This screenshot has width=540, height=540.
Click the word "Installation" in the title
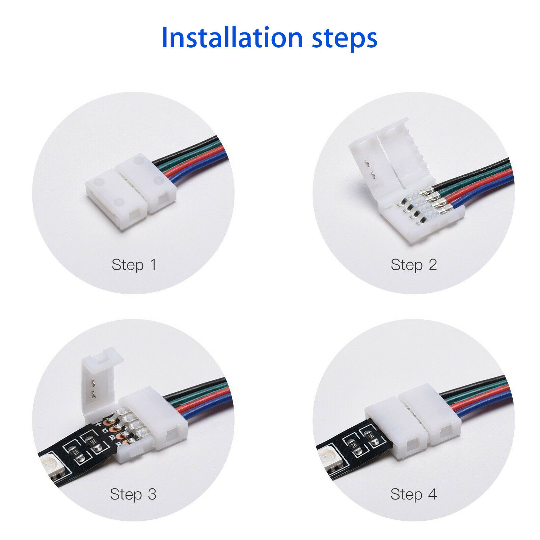point(232,37)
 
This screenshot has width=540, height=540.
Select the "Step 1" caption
point(134,265)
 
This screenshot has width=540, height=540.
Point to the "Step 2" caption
point(414,265)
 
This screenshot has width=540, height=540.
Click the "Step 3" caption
point(133,494)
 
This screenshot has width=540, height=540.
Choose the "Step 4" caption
point(414,494)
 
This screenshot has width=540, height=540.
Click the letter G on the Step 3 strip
point(105,430)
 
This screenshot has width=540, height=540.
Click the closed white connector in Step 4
point(412,422)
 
